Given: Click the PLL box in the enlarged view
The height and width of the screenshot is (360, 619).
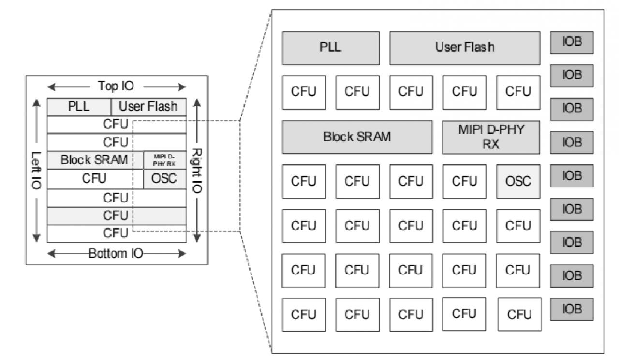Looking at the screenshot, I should click(x=331, y=48).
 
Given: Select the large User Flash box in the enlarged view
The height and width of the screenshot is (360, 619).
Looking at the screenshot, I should click(x=464, y=48).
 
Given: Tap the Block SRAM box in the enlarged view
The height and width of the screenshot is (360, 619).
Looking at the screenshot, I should click(x=357, y=137).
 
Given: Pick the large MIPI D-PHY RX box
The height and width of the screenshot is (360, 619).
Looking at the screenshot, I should click(x=491, y=137).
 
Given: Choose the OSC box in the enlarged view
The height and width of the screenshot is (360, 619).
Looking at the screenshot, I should click(x=518, y=181).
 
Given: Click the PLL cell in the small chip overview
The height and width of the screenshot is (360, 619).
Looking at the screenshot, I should click(x=79, y=107).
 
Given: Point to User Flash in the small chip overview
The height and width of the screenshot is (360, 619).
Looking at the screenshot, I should click(x=148, y=107).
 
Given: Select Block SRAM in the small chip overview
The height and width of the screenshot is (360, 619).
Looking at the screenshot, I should click(x=95, y=160).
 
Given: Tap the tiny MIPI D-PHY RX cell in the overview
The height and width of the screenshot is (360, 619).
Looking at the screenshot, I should click(x=164, y=160).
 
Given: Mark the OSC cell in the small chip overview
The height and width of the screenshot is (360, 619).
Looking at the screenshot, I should click(x=164, y=179).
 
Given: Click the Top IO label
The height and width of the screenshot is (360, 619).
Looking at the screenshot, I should click(x=116, y=86).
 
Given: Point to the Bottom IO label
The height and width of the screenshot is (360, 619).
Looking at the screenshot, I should click(x=116, y=253).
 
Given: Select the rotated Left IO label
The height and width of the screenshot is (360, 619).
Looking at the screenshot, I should click(x=37, y=170).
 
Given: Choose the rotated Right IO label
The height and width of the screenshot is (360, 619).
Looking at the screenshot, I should click(x=197, y=170).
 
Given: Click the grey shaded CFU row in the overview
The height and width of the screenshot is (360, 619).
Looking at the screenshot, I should click(x=116, y=216).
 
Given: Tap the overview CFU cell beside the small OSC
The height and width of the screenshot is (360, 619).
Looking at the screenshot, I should click(x=95, y=179).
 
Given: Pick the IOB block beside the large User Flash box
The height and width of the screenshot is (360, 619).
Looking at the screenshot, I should click(x=571, y=43).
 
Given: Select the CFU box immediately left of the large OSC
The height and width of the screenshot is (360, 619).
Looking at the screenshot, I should click(x=464, y=181).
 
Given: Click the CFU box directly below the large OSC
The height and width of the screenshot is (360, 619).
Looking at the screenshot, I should click(x=518, y=226).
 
